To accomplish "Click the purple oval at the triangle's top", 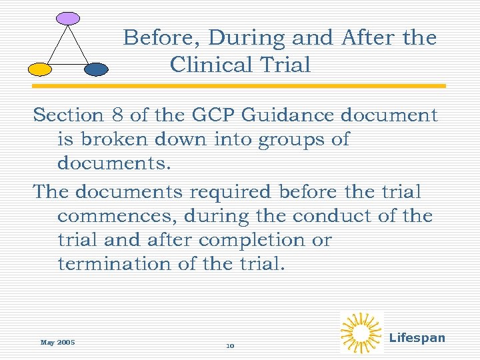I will tap(67, 19).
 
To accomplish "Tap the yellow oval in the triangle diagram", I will tap(39, 69).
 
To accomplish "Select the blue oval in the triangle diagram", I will tap(97, 69).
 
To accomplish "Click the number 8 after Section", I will tap(117, 115).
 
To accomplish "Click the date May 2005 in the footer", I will tap(57, 343).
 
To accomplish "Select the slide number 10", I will tap(230, 346).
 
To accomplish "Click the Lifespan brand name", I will tap(417, 338).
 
